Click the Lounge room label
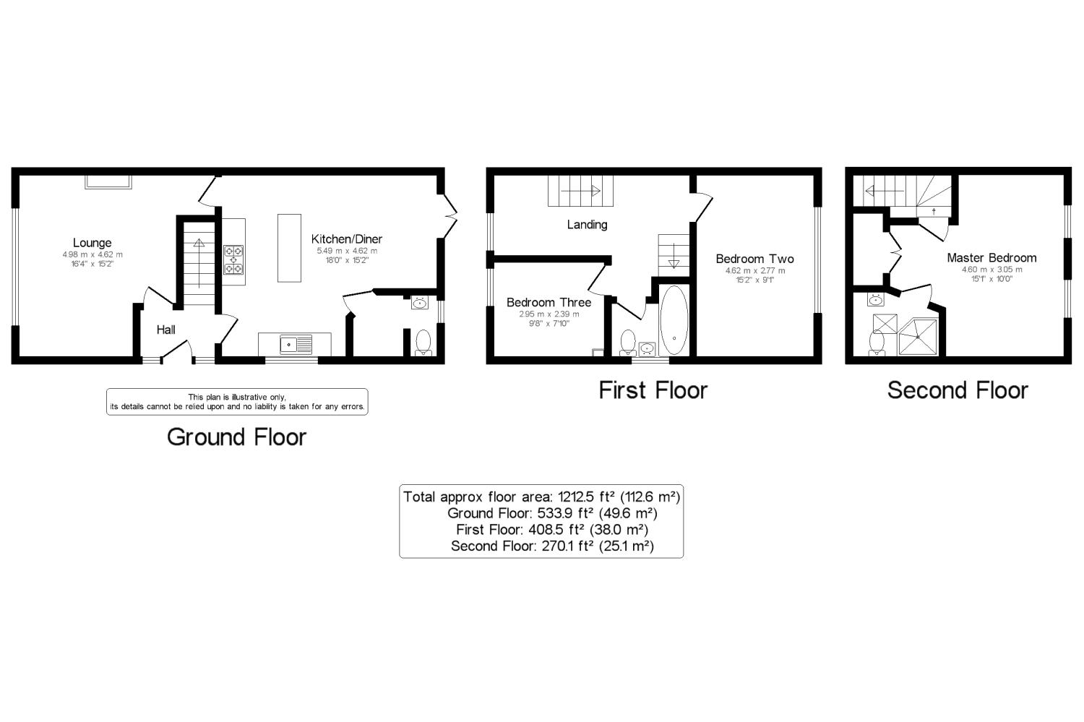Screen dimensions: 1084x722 click(x=92, y=243)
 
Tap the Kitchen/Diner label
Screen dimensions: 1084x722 click(x=346, y=239)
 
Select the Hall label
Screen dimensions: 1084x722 click(x=165, y=330)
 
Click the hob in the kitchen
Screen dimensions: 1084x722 click(x=233, y=260)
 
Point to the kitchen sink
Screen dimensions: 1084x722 click(x=296, y=345)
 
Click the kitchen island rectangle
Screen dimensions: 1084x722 click(x=289, y=248)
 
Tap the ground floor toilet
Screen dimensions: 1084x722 click(x=423, y=343)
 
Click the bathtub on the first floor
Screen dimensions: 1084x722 click(x=674, y=321)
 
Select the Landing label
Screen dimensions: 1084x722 click(x=587, y=225)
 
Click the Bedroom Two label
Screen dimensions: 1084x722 click(x=755, y=259)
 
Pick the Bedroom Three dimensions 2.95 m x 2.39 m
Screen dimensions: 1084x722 click(x=549, y=314)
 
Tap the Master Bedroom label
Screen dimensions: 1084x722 click(x=991, y=258)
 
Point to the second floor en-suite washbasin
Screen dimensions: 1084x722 click(x=875, y=300)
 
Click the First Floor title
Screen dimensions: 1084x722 click(x=653, y=390)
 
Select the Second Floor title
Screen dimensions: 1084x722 click(x=958, y=390)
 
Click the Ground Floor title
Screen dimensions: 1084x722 click(x=236, y=437)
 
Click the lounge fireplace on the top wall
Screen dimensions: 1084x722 click(x=108, y=182)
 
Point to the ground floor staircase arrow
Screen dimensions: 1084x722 click(x=199, y=263)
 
